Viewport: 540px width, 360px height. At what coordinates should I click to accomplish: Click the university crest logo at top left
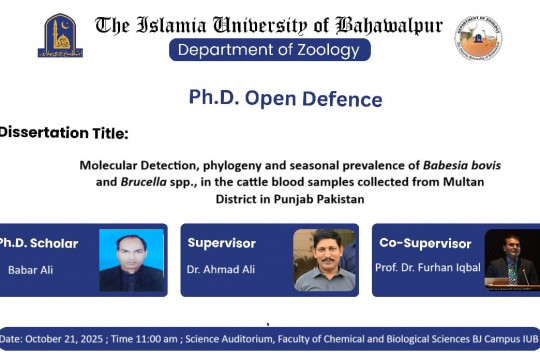click(61, 35)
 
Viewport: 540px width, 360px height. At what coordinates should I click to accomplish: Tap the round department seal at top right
click(479, 37)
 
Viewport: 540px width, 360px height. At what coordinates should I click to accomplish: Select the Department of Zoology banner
click(270, 50)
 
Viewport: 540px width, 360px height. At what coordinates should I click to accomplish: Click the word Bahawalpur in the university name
click(388, 25)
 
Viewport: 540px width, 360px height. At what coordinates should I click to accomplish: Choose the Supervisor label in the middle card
click(221, 243)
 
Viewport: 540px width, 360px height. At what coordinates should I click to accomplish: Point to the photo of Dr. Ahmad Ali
click(324, 260)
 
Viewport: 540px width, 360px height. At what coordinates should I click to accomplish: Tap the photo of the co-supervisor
click(511, 260)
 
